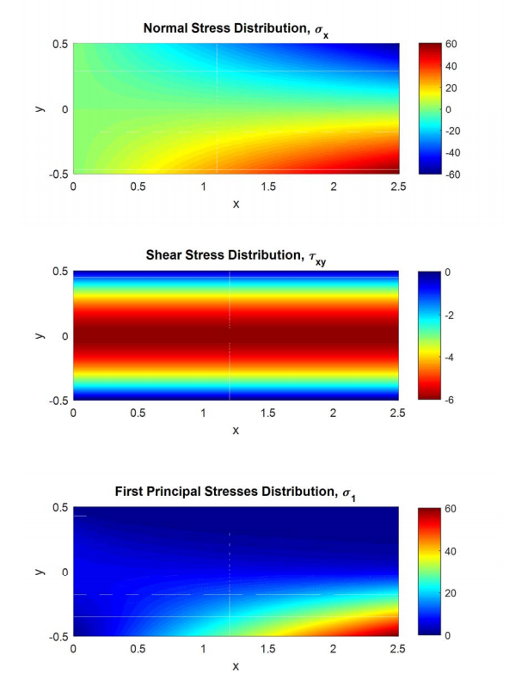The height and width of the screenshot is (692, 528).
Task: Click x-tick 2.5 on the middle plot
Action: point(398,413)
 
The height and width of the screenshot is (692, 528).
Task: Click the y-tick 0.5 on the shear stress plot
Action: point(58,272)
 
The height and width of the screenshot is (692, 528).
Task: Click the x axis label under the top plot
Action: point(235,204)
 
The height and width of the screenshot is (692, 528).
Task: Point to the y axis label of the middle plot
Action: point(40,336)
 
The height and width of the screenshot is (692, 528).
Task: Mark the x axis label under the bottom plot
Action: point(235,666)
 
